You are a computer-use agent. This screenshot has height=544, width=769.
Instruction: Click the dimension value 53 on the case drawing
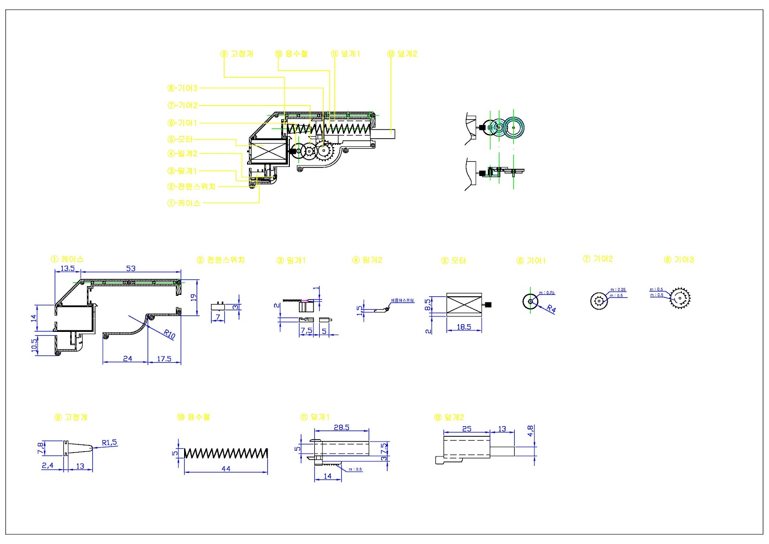(x=131, y=268)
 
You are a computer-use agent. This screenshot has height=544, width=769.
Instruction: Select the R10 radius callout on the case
(x=169, y=334)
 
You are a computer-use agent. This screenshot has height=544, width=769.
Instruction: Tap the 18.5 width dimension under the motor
(x=463, y=327)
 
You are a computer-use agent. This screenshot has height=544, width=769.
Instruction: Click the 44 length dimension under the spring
(x=226, y=468)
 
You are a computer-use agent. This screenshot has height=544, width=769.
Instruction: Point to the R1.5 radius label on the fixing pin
(x=109, y=443)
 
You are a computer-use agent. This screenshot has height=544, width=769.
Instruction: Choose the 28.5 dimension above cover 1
(x=341, y=427)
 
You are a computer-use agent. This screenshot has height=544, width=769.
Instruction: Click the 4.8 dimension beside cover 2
(x=530, y=431)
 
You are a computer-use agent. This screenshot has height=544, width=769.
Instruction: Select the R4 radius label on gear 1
(x=551, y=309)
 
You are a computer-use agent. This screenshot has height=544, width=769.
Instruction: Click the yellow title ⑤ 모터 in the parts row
(x=454, y=260)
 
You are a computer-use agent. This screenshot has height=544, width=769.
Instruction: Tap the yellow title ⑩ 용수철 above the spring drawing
(x=193, y=417)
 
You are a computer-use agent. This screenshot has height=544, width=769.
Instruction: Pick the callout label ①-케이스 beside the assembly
(x=184, y=203)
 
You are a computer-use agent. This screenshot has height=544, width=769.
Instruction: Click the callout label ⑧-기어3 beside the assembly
(x=182, y=88)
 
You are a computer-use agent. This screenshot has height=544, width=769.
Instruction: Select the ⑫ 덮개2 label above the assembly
(x=402, y=54)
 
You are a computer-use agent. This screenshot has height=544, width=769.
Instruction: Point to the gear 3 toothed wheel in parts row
(x=680, y=299)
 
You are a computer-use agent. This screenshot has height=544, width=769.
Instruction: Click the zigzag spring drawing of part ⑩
(x=226, y=453)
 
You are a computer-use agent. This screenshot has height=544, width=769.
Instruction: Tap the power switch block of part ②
(x=218, y=306)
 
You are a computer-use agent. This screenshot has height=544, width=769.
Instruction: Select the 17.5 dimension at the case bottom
(x=164, y=359)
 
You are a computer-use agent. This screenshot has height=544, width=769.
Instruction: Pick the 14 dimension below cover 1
(x=327, y=476)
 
